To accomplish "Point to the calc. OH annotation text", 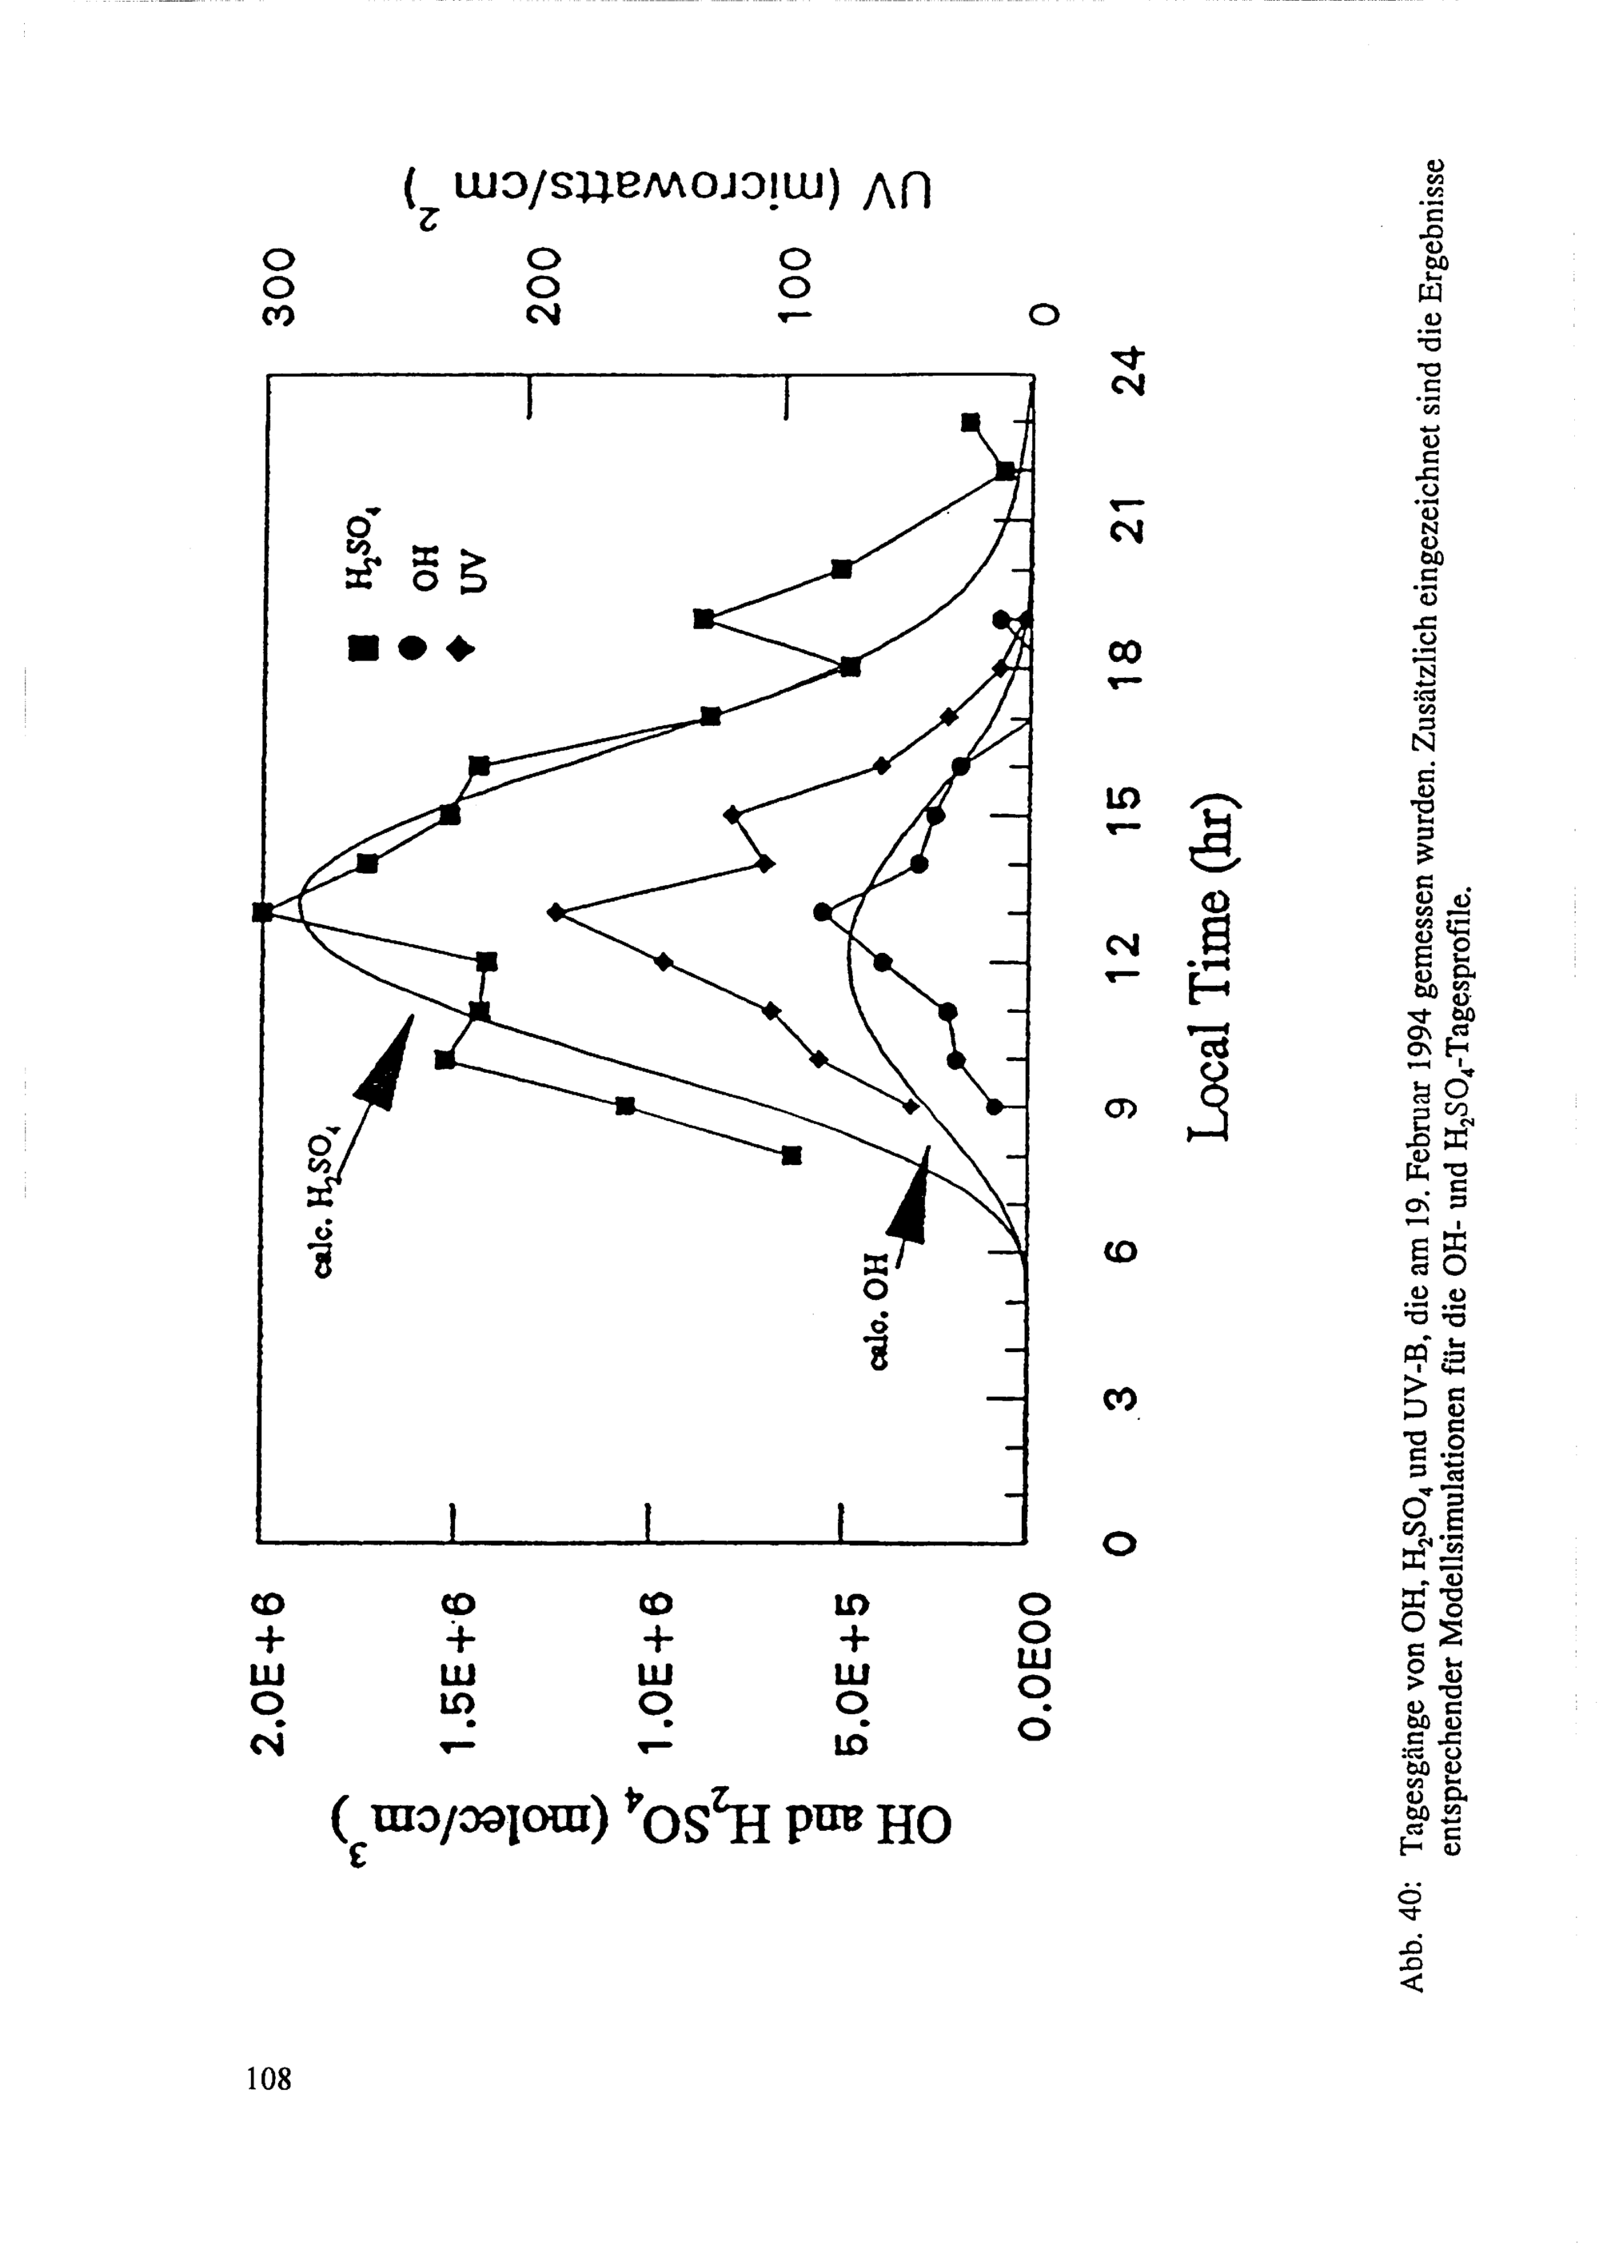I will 879,1310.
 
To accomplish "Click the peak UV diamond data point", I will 556,912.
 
